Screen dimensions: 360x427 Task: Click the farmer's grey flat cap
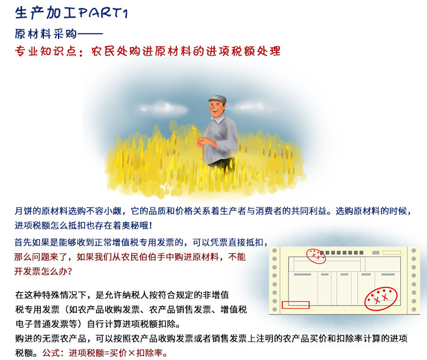pos(217,98)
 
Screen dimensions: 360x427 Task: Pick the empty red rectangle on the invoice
pos(296,304)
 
